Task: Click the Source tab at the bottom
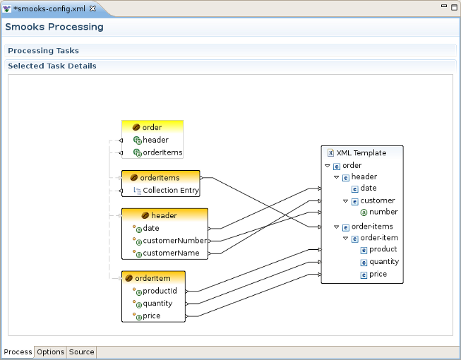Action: [x=81, y=352]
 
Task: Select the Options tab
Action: [x=51, y=352]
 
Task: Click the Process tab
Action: [x=18, y=352]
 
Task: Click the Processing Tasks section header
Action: [x=43, y=51]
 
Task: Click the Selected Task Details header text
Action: [x=52, y=66]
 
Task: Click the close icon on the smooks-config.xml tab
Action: [x=92, y=8]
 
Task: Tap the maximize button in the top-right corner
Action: [x=453, y=6]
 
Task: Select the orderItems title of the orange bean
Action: [x=160, y=178]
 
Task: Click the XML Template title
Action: [x=361, y=152]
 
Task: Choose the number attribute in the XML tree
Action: [x=383, y=212]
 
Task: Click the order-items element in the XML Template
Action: [x=372, y=227]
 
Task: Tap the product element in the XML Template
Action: [x=383, y=249]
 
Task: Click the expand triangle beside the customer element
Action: [x=345, y=201]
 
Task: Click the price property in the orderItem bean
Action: [x=151, y=316]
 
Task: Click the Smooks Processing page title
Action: [x=54, y=27]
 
